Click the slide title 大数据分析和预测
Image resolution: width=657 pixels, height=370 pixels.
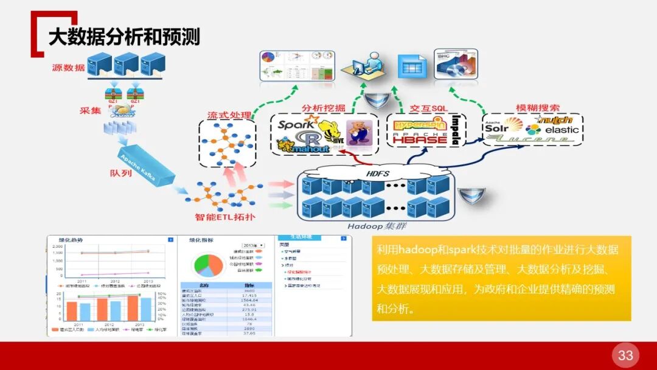tap(124, 37)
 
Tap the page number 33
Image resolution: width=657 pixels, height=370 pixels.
tap(625, 355)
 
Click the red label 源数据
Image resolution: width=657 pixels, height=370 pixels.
tap(68, 68)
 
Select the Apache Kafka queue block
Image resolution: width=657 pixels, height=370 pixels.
tap(145, 167)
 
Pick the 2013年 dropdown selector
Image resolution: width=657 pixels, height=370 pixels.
tap(251, 245)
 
